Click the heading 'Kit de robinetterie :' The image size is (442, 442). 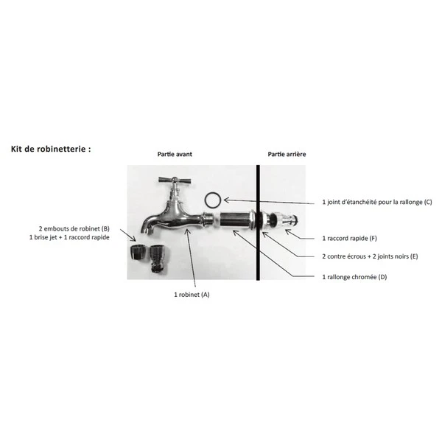coord(51,149)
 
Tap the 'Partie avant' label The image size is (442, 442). coord(175,154)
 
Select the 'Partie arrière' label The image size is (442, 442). coord(287,154)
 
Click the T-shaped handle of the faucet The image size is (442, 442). coord(175,180)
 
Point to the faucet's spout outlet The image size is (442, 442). coord(147,231)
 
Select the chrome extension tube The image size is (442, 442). coord(236,220)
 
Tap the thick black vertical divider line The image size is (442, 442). coord(258,222)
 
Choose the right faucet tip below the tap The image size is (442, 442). coord(158,259)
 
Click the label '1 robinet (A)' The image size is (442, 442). coord(192,295)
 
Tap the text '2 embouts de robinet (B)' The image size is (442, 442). coord(74,228)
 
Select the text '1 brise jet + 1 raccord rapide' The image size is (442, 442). coord(69,237)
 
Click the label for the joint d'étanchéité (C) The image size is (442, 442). coord(377,202)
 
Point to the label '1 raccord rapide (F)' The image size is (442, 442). coord(349,239)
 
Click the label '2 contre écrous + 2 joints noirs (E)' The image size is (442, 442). coord(370,256)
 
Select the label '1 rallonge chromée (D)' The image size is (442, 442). coord(354,277)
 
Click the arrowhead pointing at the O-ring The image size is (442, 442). coord(226,200)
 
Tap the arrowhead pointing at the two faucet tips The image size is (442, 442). coord(133,239)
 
